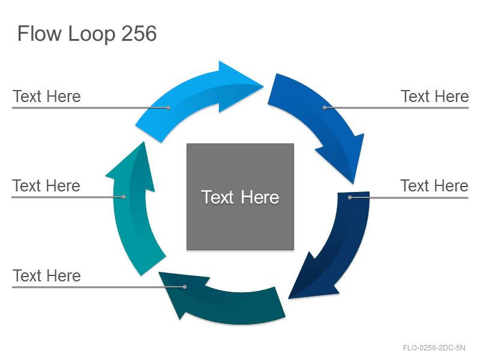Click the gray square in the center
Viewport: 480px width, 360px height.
(241, 197)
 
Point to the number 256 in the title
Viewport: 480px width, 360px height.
(139, 34)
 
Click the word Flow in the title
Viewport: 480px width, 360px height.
(40, 34)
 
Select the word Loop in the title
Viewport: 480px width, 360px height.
(92, 34)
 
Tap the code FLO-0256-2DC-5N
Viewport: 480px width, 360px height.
(434, 348)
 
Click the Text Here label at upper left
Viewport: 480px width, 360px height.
(47, 97)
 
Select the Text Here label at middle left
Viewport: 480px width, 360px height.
(46, 186)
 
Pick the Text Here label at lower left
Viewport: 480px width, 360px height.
(47, 275)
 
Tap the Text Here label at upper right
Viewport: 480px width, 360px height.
(434, 97)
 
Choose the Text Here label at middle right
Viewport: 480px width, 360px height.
(434, 186)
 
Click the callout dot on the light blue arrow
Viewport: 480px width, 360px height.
(169, 107)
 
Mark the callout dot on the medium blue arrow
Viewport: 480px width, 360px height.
(325, 107)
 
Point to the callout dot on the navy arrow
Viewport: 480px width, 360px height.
(350, 197)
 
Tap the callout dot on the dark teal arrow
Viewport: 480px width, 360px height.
(185, 287)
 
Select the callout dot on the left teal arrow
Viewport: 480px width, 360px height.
(124, 197)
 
